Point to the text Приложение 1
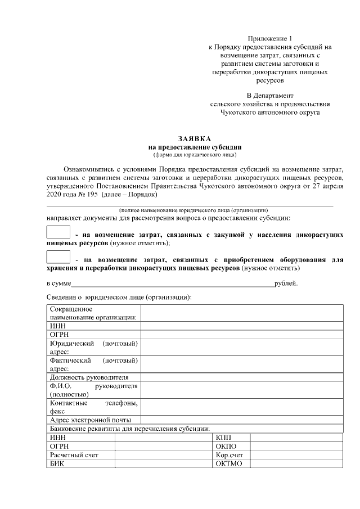point(270,38)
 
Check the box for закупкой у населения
point(57,232)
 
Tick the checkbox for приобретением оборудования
point(57,258)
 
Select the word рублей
point(286,283)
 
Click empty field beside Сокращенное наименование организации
point(241,313)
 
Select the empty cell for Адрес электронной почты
point(241,420)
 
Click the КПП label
point(223,438)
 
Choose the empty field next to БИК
point(163,464)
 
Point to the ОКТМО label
point(228,464)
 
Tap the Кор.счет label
point(229,455)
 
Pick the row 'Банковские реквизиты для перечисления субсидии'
point(129,429)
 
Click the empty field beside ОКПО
point(296,446)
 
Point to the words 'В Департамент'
point(270,95)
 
